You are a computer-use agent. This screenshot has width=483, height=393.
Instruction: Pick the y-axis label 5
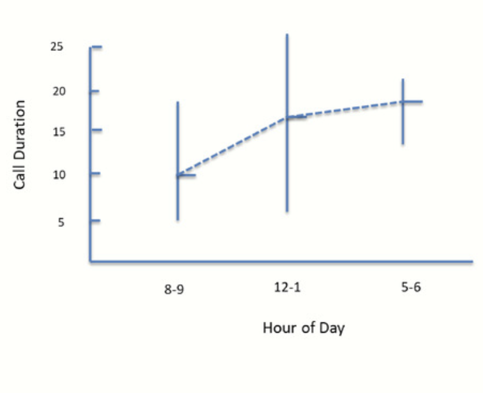click(62, 221)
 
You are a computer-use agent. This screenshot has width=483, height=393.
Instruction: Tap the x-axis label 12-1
click(287, 288)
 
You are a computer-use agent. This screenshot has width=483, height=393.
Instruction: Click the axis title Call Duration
click(20, 144)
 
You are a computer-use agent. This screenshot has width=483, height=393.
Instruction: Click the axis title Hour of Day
click(304, 328)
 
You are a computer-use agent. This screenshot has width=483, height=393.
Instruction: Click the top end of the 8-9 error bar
click(178, 102)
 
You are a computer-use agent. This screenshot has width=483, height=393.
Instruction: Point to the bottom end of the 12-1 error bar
click(287, 210)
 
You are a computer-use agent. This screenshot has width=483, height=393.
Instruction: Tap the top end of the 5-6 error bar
click(403, 79)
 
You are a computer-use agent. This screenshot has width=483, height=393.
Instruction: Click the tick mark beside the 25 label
click(96, 47)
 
